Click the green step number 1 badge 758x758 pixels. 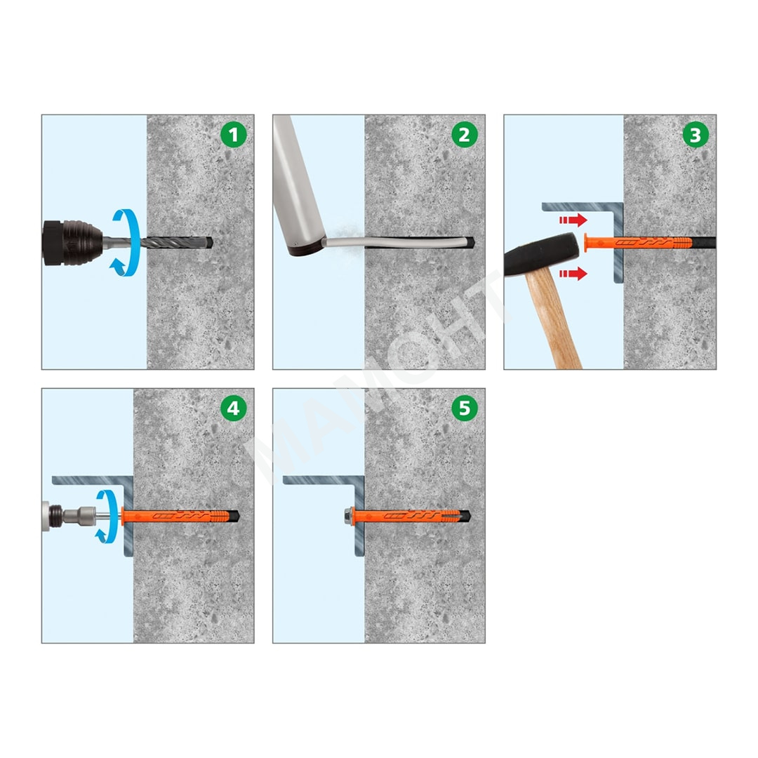click(x=234, y=135)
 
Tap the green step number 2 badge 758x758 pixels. click(x=465, y=135)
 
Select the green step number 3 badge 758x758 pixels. click(x=696, y=135)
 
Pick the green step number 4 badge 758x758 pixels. click(x=234, y=408)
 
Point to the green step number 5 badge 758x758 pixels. click(x=465, y=408)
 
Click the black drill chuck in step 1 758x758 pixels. click(x=72, y=243)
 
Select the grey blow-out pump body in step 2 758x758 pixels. click(x=296, y=189)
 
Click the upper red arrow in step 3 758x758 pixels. click(x=573, y=220)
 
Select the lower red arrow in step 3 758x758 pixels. click(x=573, y=274)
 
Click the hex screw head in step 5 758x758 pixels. click(x=347, y=516)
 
